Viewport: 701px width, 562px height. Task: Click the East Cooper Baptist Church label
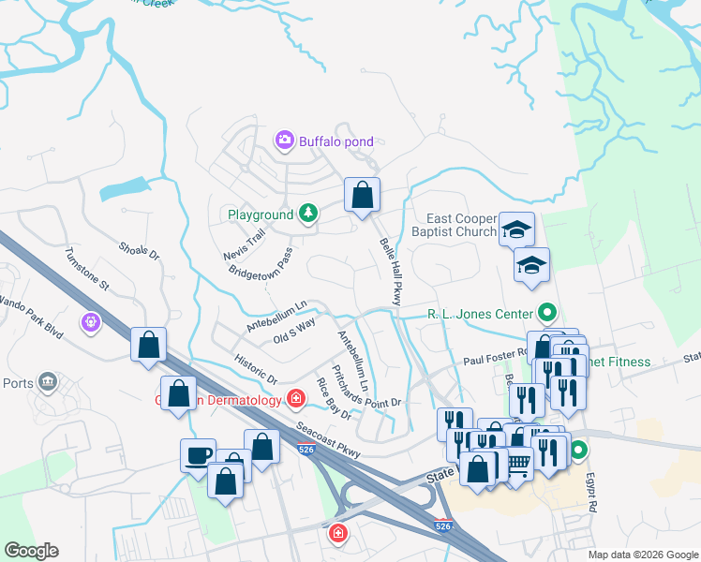click(x=453, y=224)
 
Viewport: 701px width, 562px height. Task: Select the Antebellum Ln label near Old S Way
click(x=276, y=316)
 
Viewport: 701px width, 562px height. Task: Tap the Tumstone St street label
click(x=86, y=268)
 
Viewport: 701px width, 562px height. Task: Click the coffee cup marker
click(x=198, y=455)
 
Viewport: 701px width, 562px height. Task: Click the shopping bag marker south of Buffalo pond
click(x=362, y=195)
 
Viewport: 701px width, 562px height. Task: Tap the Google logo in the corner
click(x=31, y=551)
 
